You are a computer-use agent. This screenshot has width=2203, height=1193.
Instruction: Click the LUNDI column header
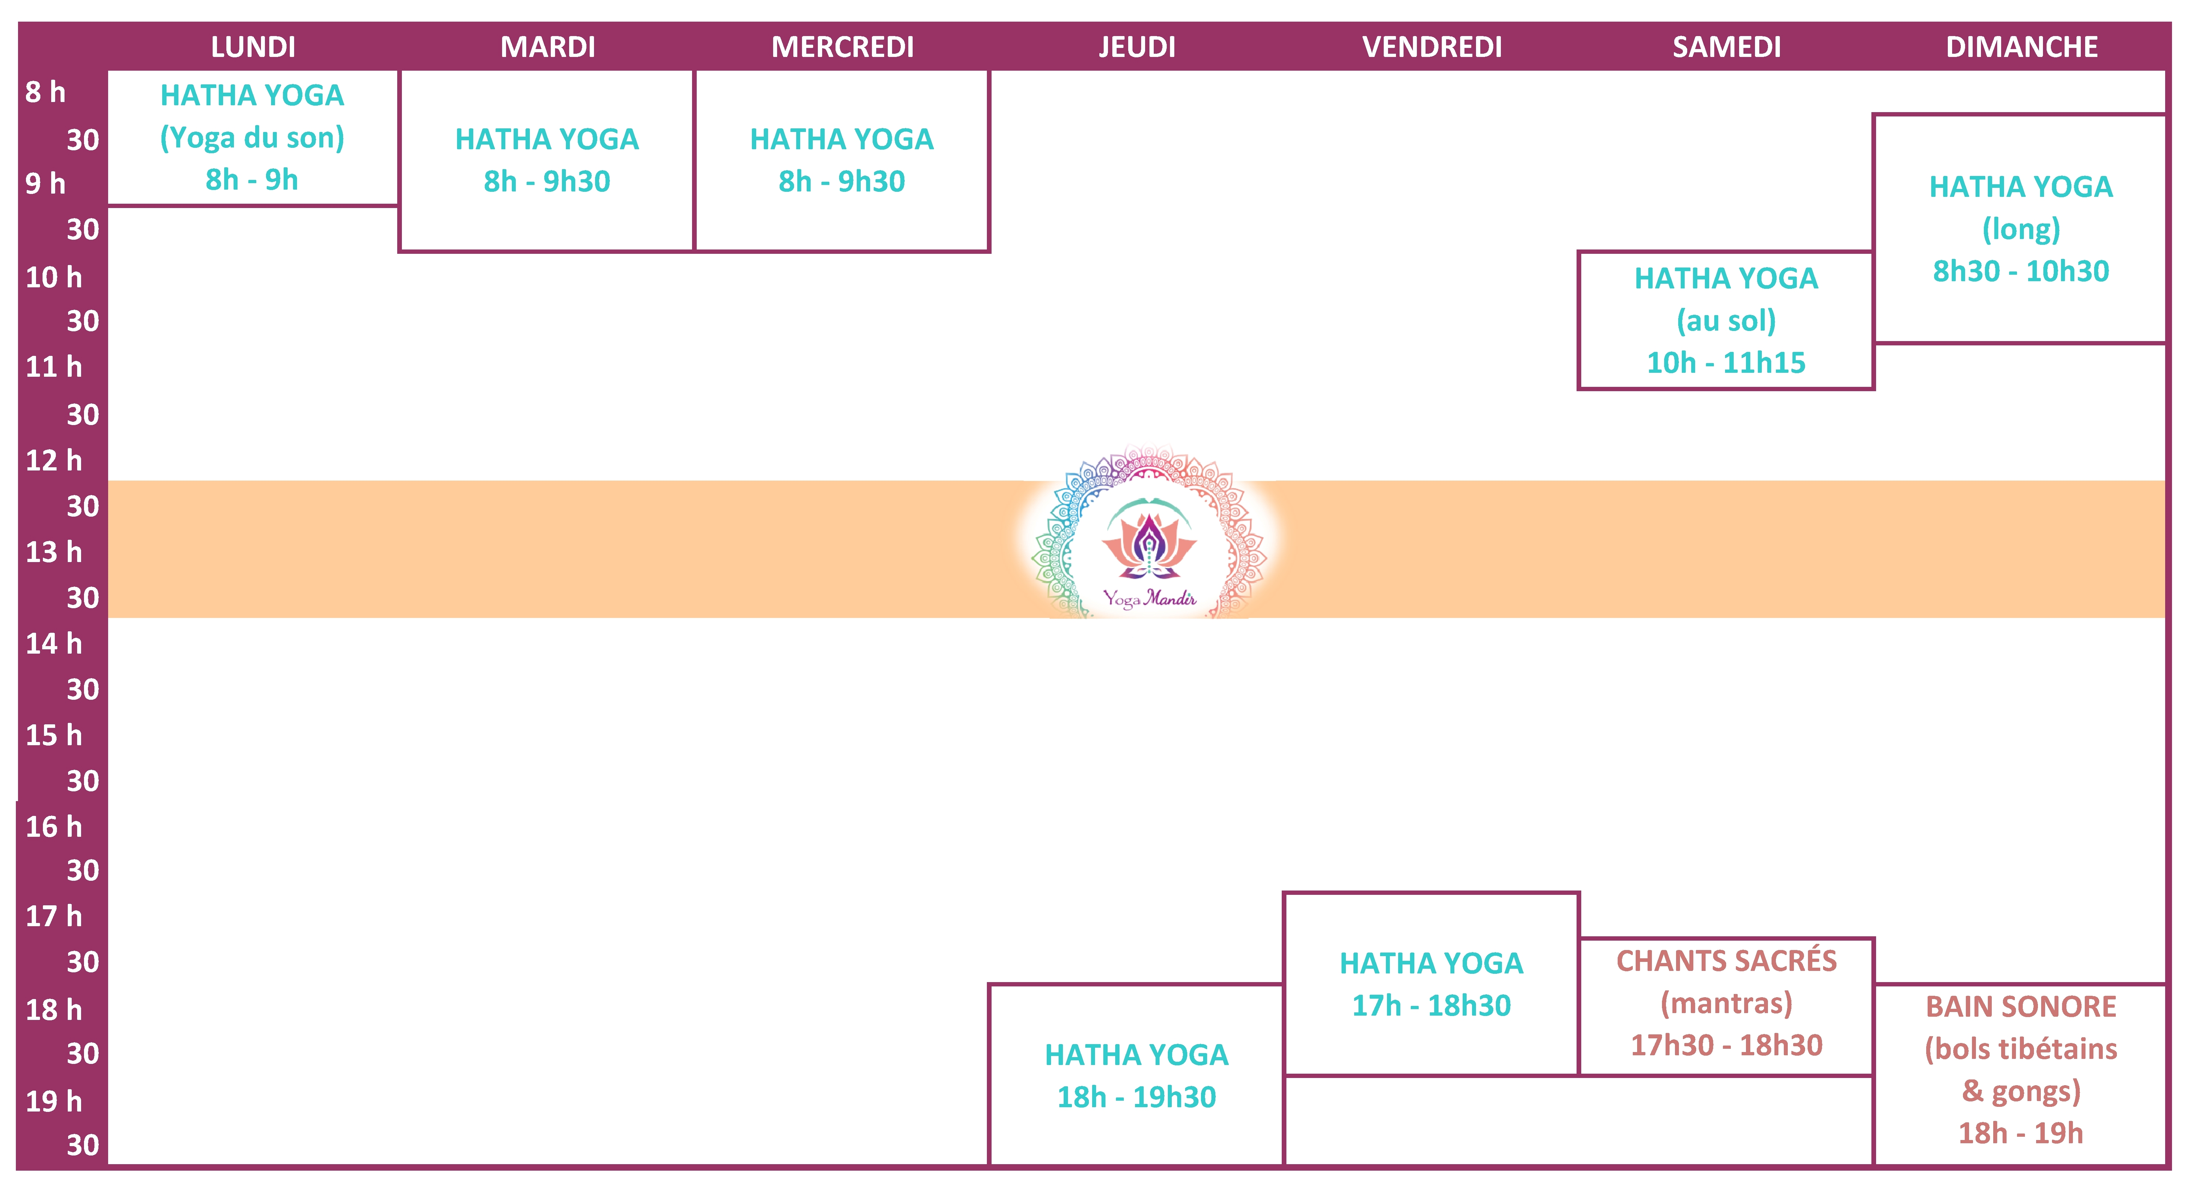[253, 47]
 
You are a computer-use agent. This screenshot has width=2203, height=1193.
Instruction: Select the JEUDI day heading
[1136, 47]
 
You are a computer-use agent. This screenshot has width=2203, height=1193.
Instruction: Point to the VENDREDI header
[1432, 47]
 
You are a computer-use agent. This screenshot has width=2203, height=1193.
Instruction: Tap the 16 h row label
[53, 827]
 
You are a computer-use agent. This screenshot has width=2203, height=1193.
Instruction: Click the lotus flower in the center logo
[1148, 543]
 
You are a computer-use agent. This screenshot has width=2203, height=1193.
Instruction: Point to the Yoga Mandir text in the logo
[1148, 598]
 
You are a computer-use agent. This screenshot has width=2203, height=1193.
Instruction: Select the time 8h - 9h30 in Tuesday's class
[546, 181]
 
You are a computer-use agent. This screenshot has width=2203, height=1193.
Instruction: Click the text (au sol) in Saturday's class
[1726, 321]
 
